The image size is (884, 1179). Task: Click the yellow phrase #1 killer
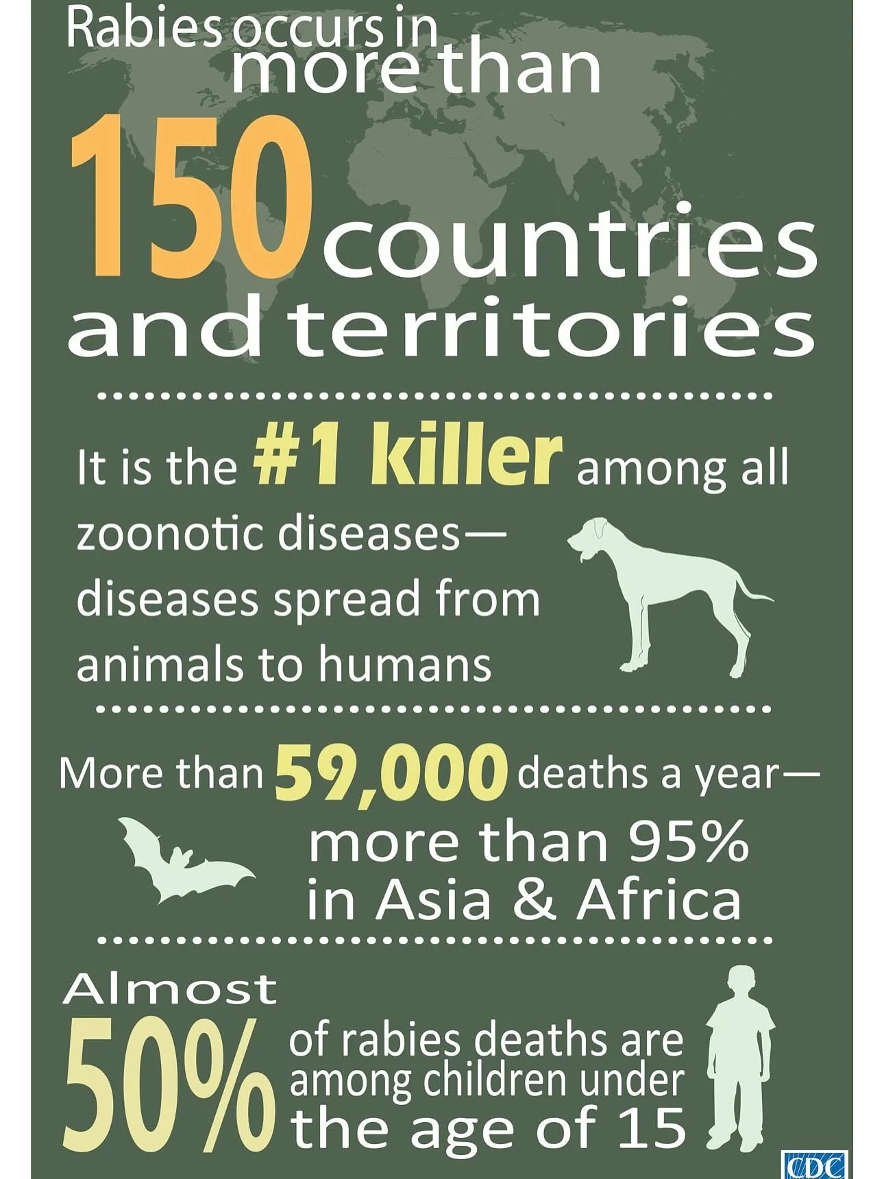click(407, 457)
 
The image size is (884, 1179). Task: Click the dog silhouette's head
click(589, 538)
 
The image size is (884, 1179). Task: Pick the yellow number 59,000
click(391, 775)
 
